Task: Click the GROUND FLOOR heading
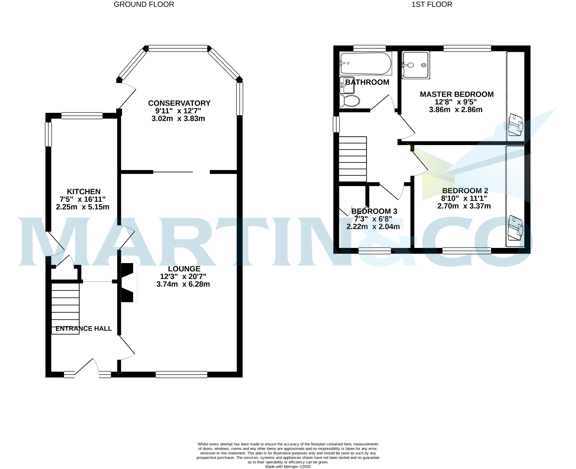tap(144, 5)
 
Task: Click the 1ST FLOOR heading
tap(432, 5)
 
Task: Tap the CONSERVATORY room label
tap(179, 103)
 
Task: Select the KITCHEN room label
tap(84, 192)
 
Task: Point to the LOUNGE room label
tap(184, 269)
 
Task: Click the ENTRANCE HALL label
tap(83, 328)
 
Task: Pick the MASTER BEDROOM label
tap(457, 94)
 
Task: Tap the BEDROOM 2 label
tap(465, 191)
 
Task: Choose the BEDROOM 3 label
tap(374, 211)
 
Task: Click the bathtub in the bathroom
tap(366, 63)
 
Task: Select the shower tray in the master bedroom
tap(416, 65)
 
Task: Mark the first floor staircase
tap(353, 159)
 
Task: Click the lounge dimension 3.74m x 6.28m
tap(183, 284)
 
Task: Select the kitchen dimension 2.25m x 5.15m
tap(83, 207)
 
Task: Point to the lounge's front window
tap(181, 375)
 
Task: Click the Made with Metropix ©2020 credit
tap(288, 467)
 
